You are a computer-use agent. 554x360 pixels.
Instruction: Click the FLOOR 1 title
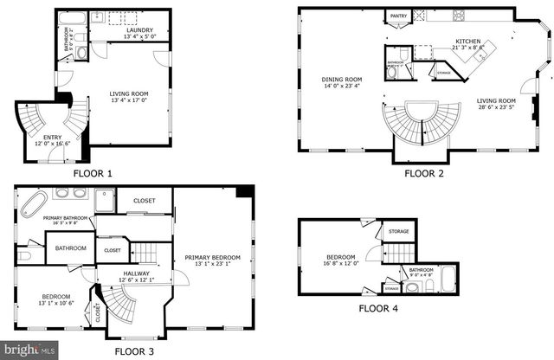[93, 173]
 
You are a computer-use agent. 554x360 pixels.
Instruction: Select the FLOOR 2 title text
[424, 173]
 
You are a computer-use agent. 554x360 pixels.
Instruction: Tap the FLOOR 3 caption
[134, 351]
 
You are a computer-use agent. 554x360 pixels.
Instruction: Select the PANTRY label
[398, 16]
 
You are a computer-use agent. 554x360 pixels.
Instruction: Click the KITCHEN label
[469, 40]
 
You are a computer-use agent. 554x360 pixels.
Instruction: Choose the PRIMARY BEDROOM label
[213, 257]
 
